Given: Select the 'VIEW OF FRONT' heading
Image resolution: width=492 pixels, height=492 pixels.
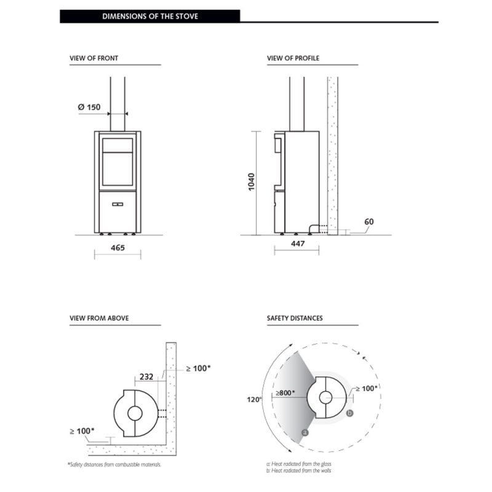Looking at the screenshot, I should pos(94,58).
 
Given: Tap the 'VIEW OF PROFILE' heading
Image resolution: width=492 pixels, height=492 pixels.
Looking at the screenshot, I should pos(293,58).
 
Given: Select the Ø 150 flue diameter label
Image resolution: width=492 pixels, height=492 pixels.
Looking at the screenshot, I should pos(89,107).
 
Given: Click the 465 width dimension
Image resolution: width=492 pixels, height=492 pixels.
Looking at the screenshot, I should pos(117,248).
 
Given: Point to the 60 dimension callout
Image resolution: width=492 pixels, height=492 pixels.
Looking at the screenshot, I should pos(368,221).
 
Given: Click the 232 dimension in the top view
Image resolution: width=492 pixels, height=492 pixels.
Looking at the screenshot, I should pos(146,377).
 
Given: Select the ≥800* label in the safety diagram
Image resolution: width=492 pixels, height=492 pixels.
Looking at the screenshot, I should pos(285,392).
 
